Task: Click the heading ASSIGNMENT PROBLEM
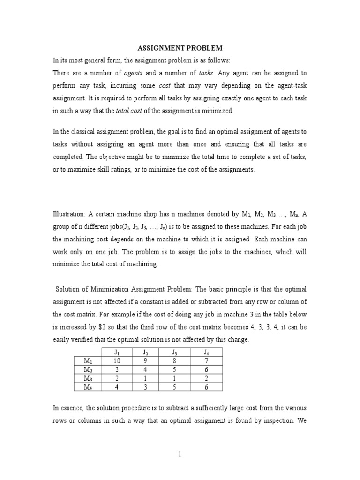coord(180,48)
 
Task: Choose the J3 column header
coord(175,352)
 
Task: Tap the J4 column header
coord(206,352)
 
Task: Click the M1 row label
coord(88,360)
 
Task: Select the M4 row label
coord(88,387)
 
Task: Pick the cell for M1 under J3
coord(175,360)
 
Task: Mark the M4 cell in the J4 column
coord(206,387)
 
